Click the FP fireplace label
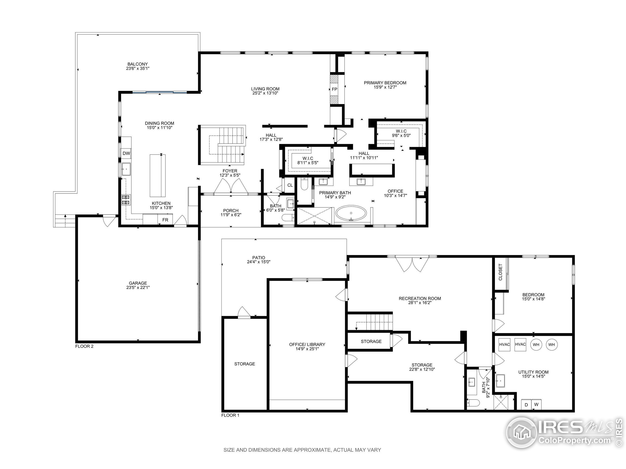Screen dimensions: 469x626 coord(335,89)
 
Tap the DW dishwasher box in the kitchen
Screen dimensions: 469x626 coord(126,153)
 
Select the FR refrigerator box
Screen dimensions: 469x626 coord(165,220)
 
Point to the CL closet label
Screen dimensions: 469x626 coord(290,185)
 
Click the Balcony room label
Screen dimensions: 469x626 coord(137,64)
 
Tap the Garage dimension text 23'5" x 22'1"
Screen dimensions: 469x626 coord(138,288)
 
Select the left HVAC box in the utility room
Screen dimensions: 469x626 coord(504,345)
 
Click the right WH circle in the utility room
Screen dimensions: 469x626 coord(551,345)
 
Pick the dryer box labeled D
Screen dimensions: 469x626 coord(526,405)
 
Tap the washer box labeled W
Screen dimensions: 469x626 coord(536,405)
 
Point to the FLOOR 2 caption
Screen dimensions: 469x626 coord(84,346)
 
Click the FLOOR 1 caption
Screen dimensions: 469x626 coord(230,415)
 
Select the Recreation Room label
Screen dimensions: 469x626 coord(420,298)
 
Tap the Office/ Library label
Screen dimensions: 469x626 coord(307,344)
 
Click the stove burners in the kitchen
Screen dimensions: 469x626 coord(126,200)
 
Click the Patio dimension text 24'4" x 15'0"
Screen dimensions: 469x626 coord(259,262)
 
